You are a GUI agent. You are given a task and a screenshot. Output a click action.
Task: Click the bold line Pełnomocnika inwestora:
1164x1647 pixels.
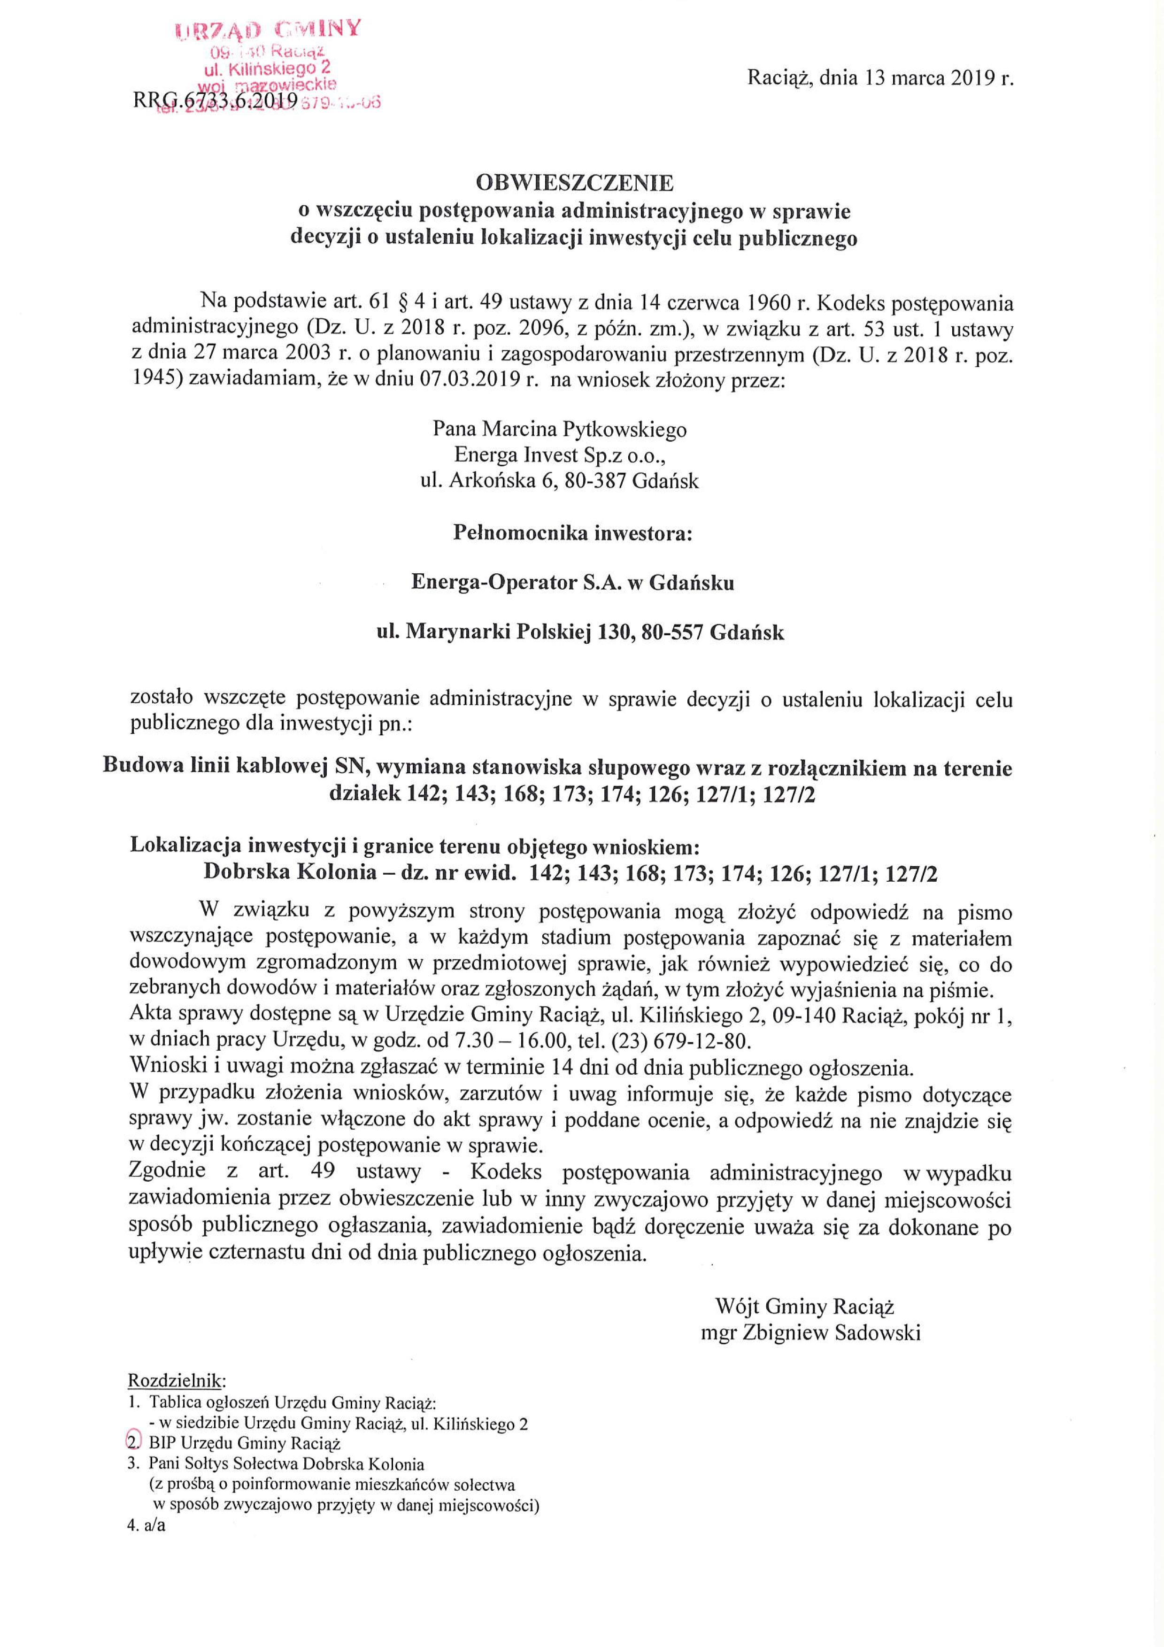(x=573, y=533)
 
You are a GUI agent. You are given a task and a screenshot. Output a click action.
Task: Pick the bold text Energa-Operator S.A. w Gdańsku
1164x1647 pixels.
(x=572, y=583)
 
